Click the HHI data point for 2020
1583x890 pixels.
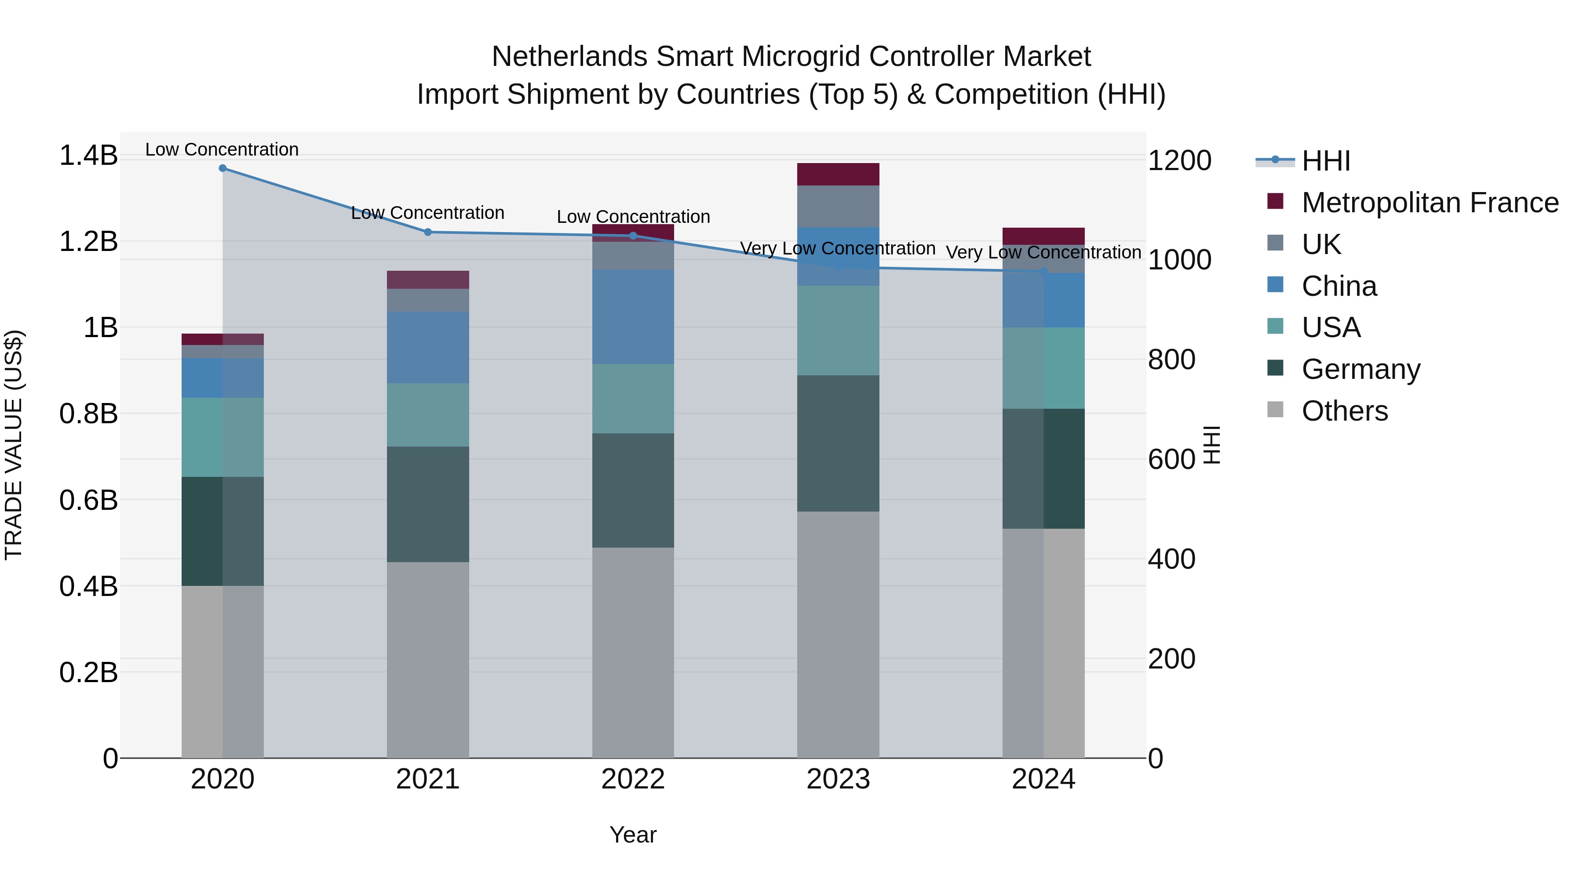point(222,168)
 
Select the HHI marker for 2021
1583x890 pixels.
point(428,232)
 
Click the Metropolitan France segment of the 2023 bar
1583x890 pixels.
point(838,174)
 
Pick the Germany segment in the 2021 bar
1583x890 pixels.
point(428,504)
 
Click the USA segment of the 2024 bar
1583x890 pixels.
point(1043,368)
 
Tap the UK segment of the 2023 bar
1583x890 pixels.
point(838,207)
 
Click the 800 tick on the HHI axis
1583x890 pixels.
point(1171,360)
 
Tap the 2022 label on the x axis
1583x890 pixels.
point(633,779)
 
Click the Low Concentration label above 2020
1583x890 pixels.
point(222,149)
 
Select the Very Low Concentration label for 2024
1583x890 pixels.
point(1043,252)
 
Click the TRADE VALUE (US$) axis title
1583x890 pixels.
point(14,445)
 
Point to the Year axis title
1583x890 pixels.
point(633,835)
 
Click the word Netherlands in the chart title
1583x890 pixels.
point(569,57)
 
